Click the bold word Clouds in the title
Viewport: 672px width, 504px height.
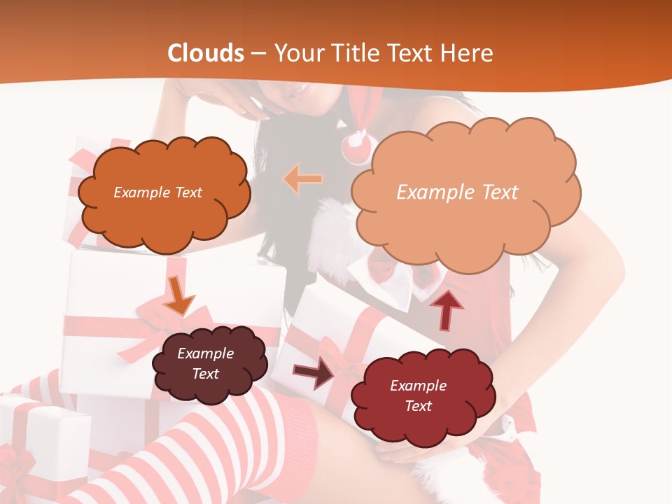pos(206,53)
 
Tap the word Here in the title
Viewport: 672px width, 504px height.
pos(468,53)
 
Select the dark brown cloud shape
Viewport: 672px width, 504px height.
pos(209,364)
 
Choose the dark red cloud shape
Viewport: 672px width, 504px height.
pos(421,397)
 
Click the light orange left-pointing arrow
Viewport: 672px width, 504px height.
pos(303,179)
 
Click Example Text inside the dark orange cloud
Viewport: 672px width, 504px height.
pos(157,192)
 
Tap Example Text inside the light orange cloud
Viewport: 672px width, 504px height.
pos(457,192)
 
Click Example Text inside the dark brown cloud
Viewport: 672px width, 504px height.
pos(205,363)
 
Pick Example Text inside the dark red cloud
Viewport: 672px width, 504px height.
pos(418,395)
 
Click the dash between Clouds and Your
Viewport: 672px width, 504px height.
pos(258,54)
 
